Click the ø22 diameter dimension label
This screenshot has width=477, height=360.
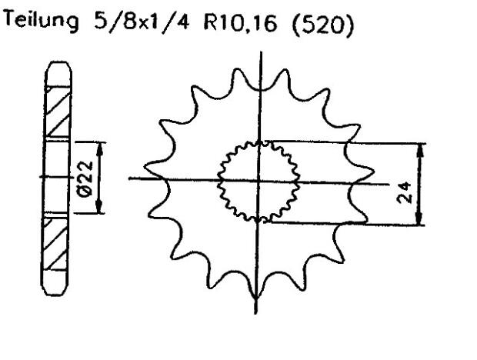coord(85,178)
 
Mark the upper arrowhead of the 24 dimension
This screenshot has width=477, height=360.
coord(419,148)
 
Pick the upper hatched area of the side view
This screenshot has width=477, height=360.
coord(57,113)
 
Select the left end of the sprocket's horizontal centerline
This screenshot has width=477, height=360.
coord(131,179)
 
